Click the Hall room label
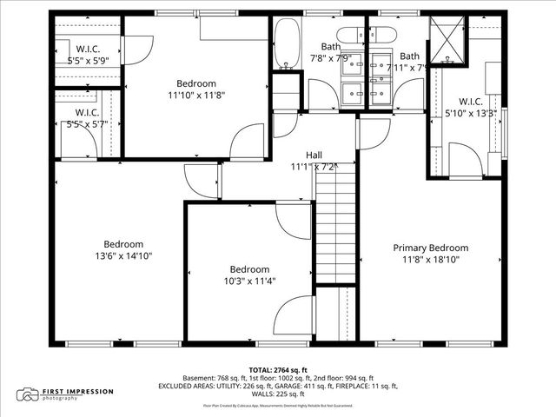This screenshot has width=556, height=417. click(314, 154)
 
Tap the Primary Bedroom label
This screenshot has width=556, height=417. click(430, 248)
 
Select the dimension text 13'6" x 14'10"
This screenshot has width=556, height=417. click(123, 256)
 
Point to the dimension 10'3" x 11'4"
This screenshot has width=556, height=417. click(249, 281)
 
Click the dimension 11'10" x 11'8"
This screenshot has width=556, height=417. click(196, 96)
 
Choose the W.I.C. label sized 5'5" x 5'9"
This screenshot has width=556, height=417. click(85, 49)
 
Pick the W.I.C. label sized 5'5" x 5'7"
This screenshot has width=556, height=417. click(85, 113)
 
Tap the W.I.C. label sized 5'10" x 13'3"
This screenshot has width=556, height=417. click(469, 100)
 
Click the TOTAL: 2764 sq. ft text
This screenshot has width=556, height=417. click(278, 370)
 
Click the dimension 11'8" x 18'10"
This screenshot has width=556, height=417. click(430, 259)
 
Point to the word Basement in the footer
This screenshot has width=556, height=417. click(199, 378)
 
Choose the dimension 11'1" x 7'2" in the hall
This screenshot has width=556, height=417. click(314, 166)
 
